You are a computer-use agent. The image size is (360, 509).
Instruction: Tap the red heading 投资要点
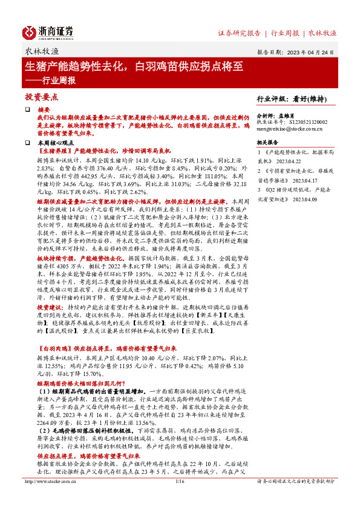click(x=41, y=97)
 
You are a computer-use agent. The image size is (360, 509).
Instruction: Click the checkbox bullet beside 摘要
click(x=27, y=109)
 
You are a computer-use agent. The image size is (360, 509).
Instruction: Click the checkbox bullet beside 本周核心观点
click(x=27, y=142)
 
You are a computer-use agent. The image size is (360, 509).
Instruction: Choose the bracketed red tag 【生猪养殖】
click(x=54, y=149)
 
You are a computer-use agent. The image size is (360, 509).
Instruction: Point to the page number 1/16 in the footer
click(x=179, y=498)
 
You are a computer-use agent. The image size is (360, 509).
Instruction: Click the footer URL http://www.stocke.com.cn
click(x=50, y=498)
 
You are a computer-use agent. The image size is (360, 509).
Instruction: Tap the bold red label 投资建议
click(x=50, y=308)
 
